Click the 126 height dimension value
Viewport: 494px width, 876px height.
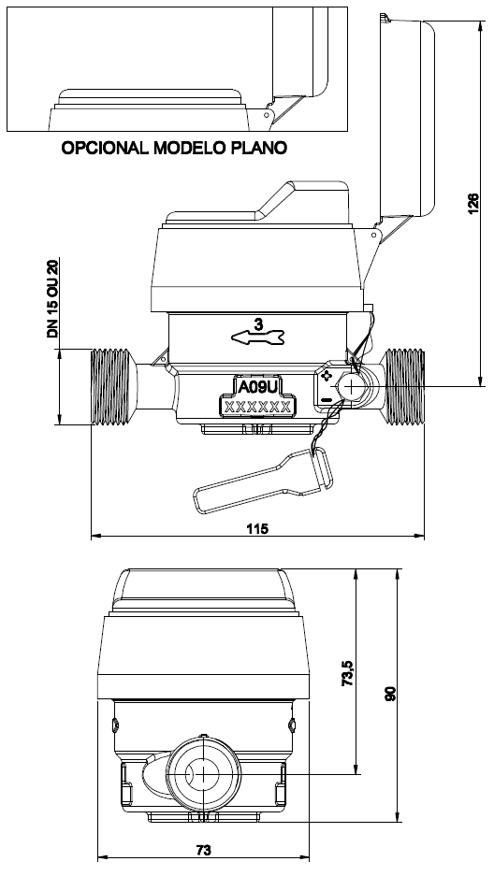[x=472, y=204]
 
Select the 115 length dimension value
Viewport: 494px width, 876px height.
[x=257, y=528]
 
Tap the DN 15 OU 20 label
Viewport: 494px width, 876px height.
[x=53, y=298]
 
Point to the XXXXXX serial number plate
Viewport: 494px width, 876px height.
[x=257, y=406]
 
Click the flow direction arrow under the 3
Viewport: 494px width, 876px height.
[x=258, y=337]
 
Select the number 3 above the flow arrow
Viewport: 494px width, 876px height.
[x=258, y=323]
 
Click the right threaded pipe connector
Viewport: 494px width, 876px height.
[x=405, y=387]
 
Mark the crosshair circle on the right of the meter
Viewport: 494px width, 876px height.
[x=350, y=386]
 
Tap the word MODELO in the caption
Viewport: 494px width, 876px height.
[x=189, y=148]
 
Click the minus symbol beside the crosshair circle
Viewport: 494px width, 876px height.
[x=327, y=399]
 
